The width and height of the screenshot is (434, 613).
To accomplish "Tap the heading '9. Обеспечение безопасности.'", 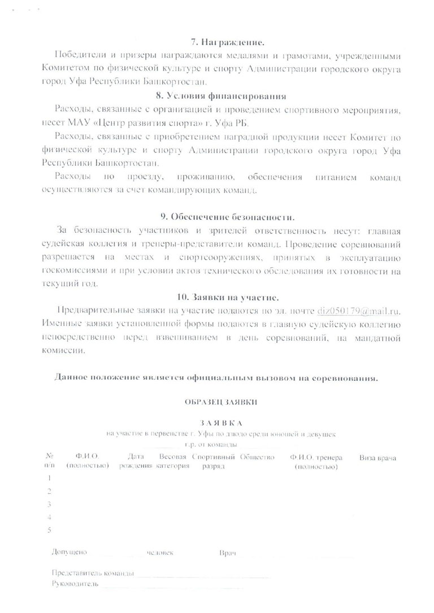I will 228,217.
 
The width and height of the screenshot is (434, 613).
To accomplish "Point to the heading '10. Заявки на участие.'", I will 228,297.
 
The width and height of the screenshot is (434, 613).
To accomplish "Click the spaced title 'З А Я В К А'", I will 220,423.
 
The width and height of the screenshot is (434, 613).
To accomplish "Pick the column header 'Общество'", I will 257,457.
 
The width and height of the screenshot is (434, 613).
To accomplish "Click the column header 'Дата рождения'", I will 136,461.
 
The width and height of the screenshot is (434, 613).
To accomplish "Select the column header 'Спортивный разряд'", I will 213,461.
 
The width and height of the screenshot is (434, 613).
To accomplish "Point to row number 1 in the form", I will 50,478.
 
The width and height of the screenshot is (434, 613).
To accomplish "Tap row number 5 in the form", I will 50,530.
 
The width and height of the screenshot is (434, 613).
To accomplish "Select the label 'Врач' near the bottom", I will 227,553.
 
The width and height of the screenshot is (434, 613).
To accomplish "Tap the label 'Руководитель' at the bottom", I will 75,584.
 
